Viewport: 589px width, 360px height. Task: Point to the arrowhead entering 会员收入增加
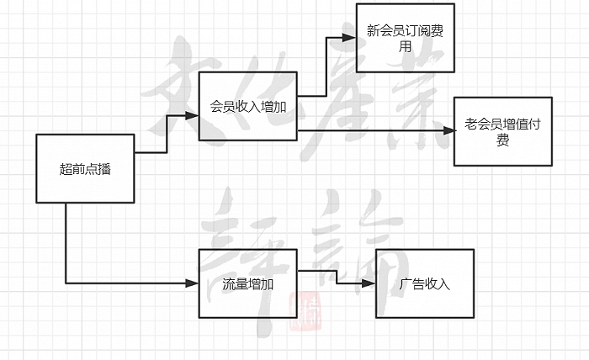click(192, 115)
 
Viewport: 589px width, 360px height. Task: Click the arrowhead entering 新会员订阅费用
click(349, 37)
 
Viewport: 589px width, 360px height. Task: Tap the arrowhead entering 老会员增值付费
click(449, 130)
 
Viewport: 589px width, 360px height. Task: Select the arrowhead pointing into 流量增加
click(192, 283)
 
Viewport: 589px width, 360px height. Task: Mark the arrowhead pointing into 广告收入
click(369, 283)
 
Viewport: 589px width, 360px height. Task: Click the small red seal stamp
click(305, 311)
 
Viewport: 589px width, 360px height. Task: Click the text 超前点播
click(85, 169)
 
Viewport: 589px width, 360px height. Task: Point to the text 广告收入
click(424, 283)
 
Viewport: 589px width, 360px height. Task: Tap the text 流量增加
click(248, 284)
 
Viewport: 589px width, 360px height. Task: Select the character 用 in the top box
click(405, 46)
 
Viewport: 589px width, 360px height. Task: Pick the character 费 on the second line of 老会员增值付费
click(502, 140)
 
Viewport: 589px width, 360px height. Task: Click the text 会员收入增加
click(248, 107)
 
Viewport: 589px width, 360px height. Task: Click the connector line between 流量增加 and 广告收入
click(337, 277)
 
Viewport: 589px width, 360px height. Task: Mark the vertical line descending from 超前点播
click(66, 243)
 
